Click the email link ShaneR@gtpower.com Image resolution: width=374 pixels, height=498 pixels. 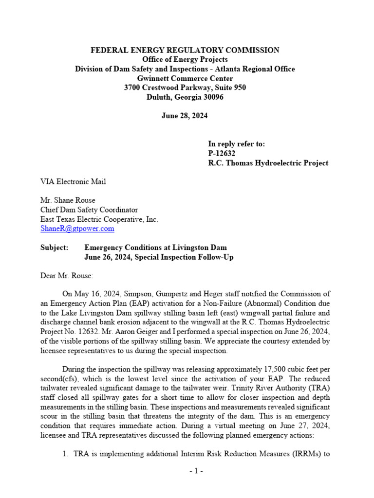click(x=77, y=228)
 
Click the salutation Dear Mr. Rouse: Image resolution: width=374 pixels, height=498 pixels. click(x=66, y=275)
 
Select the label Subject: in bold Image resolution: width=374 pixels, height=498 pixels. click(x=54, y=248)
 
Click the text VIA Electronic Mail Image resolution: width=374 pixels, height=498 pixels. click(x=73, y=181)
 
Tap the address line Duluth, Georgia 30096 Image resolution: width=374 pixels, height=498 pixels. click(x=185, y=97)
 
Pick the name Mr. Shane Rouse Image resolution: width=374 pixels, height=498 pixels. click(x=68, y=200)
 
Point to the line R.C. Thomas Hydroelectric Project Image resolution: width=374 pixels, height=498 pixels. click(x=268, y=163)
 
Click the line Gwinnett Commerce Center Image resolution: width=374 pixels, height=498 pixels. click(x=185, y=78)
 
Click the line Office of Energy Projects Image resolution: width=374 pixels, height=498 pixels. click(x=185, y=59)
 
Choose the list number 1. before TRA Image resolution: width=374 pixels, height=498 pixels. click(x=65, y=454)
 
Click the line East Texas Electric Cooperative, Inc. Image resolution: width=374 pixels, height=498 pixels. click(x=99, y=219)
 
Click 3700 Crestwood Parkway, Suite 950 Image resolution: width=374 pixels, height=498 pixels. click(x=185, y=88)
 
